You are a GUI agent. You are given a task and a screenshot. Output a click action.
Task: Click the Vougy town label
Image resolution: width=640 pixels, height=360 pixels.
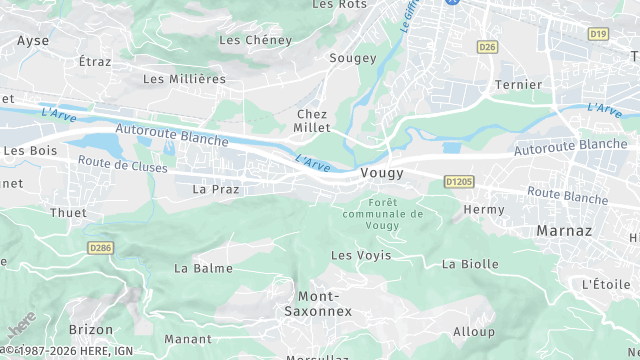coord(381,173)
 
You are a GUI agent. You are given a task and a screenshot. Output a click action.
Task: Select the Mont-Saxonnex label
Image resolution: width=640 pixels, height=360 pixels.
coord(325,304)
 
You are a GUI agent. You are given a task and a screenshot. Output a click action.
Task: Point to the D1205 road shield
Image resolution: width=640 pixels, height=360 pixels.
coord(458,182)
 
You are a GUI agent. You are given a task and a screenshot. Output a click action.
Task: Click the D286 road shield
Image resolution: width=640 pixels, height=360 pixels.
coord(101,247)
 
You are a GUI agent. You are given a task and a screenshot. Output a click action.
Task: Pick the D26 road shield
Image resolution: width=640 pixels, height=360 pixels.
coord(487,47)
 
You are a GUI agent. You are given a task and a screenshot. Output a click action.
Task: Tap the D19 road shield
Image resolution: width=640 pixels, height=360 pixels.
coord(598,34)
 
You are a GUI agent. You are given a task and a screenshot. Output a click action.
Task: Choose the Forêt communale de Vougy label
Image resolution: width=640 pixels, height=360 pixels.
coord(382,214)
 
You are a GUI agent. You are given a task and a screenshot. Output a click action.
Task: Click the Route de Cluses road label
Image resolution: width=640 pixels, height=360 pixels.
coord(122,165)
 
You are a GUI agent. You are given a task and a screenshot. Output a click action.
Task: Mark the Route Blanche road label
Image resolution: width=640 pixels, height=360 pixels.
coord(567,195)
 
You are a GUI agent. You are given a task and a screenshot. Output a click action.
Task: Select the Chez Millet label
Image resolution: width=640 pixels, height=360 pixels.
coord(312,121)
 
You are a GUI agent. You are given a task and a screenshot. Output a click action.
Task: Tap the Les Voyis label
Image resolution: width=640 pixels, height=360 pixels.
coord(361,256)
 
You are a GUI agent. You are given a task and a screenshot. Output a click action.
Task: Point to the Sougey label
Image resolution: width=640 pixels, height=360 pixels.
coord(353,58)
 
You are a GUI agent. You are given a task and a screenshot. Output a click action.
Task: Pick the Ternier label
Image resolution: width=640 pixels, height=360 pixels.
coord(518,85)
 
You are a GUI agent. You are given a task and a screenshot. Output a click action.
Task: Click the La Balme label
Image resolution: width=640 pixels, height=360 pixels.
coord(203,268)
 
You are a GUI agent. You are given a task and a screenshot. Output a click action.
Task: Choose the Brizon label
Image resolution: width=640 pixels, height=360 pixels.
coord(91,329)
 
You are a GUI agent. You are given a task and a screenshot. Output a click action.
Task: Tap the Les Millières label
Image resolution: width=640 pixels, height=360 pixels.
coord(184,78)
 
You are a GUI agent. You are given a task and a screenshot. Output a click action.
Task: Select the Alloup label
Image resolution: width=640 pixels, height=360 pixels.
coord(474,332)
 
